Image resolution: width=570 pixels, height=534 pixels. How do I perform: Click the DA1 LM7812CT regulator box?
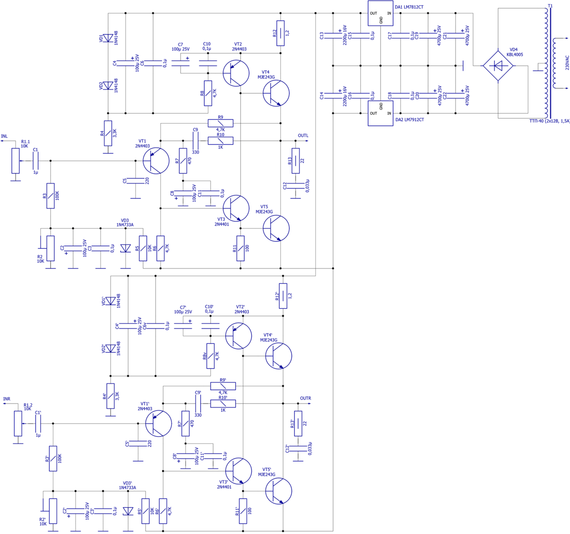(380, 13)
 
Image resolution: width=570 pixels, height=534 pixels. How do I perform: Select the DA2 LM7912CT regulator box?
(380, 114)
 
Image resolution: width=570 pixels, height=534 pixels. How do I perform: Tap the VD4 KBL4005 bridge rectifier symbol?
(498, 66)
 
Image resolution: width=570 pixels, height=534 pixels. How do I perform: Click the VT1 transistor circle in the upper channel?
(156, 161)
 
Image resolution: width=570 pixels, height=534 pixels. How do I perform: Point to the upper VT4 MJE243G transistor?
(276, 93)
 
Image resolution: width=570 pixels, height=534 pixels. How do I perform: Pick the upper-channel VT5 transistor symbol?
(276, 228)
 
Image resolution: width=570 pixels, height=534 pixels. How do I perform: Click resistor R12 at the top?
(281, 33)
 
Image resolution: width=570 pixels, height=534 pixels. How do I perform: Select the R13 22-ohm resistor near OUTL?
(295, 161)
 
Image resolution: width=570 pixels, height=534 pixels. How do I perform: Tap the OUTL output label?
(303, 136)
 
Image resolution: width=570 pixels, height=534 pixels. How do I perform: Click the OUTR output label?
(305, 399)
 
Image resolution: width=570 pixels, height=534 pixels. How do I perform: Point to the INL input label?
(5, 136)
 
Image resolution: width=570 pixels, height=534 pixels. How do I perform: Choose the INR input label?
(7, 399)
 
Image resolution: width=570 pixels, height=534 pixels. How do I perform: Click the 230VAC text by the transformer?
(566, 62)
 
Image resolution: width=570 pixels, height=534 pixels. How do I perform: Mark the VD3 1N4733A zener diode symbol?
(126, 248)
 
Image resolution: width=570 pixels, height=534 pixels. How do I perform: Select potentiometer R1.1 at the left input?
(16, 161)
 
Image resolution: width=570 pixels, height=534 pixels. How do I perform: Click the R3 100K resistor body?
(50, 196)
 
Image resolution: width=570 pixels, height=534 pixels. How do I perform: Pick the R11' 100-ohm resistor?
(243, 511)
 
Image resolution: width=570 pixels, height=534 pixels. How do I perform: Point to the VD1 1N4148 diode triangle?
(108, 38)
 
